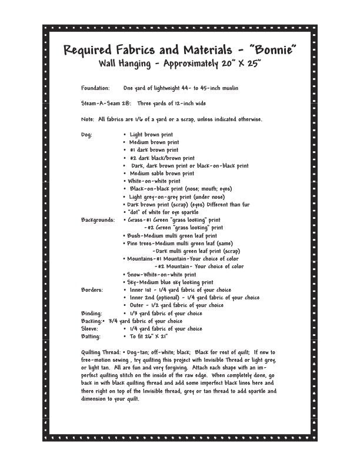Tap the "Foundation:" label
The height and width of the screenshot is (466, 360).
pos(95,88)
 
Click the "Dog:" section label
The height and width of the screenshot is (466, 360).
pos(86,135)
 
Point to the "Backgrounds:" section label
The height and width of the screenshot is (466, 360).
pos(98,220)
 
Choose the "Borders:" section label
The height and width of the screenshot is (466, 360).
pos(92,290)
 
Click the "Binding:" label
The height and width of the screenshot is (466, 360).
pos(91,314)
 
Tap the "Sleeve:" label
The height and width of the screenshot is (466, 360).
pos(89,329)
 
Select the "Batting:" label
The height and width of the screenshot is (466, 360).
pos(91,337)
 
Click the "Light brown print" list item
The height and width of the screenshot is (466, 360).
pos(151,135)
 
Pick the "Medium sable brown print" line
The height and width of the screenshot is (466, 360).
pos(162,174)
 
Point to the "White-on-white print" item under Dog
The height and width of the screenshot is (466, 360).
pos(154,181)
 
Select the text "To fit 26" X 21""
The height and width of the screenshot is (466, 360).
pos(149,337)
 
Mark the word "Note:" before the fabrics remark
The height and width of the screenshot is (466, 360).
pos(88,119)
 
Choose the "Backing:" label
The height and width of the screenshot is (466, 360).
pos(92,321)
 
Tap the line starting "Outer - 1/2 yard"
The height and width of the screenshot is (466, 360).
pos(176,305)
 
